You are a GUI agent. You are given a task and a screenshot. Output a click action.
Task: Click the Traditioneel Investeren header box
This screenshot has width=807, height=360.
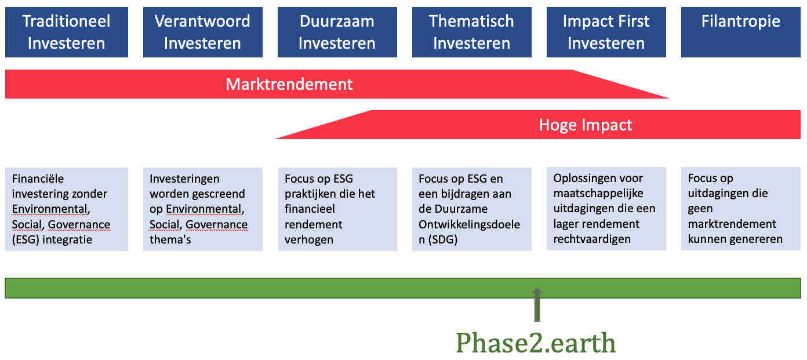click(67, 32)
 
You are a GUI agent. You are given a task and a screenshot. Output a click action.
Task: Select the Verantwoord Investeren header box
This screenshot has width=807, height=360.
click(202, 32)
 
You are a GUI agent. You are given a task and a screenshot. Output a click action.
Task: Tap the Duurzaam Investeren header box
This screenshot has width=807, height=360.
click(337, 32)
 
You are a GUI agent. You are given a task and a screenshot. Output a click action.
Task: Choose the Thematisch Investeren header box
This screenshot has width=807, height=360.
click(471, 32)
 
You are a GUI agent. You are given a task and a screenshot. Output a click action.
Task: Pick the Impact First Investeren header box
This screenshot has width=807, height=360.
click(606, 32)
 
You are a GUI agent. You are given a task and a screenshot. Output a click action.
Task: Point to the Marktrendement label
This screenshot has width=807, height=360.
click(289, 85)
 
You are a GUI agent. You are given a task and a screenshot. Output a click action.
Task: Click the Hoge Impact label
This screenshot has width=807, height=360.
click(586, 125)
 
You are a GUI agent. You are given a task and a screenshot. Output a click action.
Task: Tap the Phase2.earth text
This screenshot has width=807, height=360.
click(536, 343)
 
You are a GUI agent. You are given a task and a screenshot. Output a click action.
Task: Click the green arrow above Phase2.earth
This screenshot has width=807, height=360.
click(537, 304)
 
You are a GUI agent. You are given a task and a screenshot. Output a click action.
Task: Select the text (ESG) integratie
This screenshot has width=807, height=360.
click(52, 239)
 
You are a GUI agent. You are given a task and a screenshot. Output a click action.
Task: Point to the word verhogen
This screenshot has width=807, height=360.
click(309, 239)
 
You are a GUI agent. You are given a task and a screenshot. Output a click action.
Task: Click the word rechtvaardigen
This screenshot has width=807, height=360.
click(592, 239)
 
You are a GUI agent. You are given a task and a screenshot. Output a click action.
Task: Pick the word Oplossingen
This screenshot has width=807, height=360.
click(581, 178)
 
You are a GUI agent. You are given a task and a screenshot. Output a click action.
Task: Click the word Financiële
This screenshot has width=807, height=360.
click(38, 179)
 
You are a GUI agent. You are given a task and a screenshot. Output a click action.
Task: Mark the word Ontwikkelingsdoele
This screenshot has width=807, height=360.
click(470, 224)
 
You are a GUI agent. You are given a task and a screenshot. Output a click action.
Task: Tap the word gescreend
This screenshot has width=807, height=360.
click(216, 194)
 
